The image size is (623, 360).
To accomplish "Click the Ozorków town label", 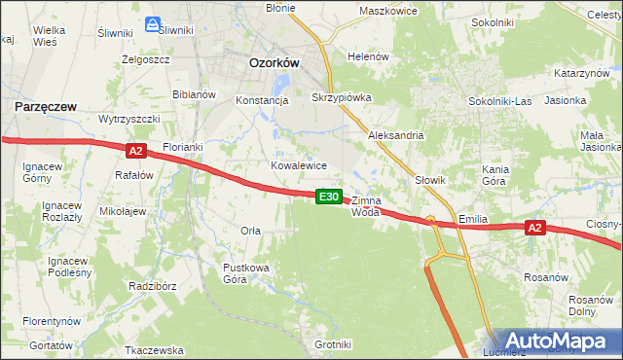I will coord(274,61).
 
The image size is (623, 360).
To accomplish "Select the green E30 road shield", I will coord(329,197).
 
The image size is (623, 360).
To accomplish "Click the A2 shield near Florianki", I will coord(135,150).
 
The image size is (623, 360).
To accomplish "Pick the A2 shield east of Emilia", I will coord(533,228).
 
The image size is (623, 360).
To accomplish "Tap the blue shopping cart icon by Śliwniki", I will coord(153,23).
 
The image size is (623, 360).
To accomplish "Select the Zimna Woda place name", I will coord(365,205).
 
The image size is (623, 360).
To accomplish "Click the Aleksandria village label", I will coord(395,135).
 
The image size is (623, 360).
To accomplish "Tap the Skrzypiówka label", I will coord(342,98).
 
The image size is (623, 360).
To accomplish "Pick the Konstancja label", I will coord(263,99).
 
